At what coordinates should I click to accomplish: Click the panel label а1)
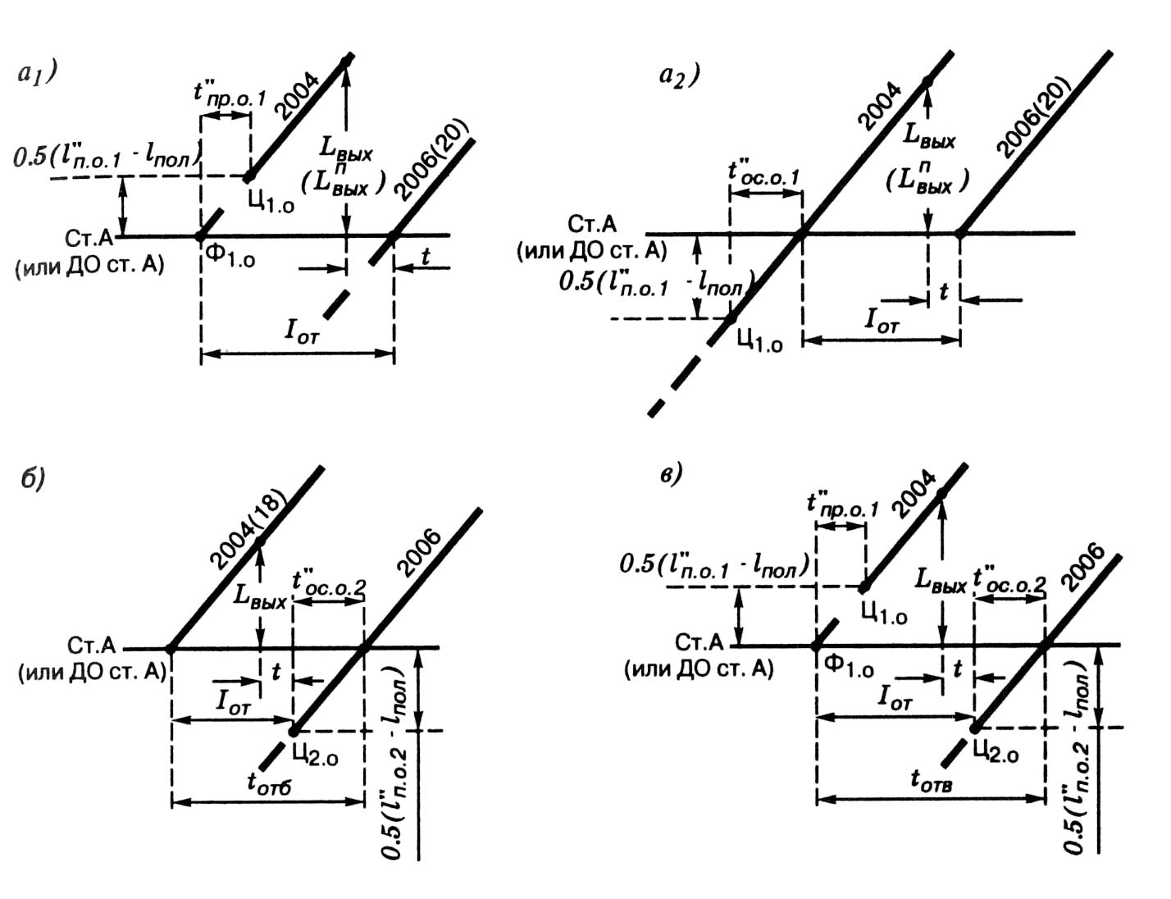click(36, 75)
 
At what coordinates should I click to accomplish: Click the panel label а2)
click(678, 76)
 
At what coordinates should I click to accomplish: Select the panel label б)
click(32, 478)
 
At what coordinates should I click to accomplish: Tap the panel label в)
click(671, 476)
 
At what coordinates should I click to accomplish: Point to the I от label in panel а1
click(302, 332)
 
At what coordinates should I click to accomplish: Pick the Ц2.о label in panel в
click(996, 751)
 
